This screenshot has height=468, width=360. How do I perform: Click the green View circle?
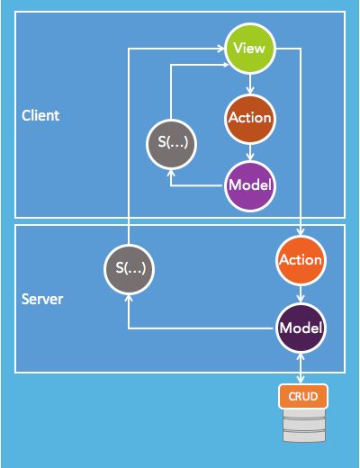[250, 49]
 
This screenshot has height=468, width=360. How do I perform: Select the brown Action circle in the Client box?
[250, 119]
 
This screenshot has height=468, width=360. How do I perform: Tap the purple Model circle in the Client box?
[250, 186]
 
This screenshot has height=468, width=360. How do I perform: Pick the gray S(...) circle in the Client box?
[172, 144]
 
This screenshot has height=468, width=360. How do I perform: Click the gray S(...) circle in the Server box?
[130, 269]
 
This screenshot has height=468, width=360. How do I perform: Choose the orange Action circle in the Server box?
[301, 260]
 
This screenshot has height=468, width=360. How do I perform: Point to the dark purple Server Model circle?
[301, 328]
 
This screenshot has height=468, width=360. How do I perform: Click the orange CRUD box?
[303, 396]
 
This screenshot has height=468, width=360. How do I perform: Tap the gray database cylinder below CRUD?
[304, 425]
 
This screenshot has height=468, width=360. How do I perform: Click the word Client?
[40, 115]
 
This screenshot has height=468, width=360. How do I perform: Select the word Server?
[42, 299]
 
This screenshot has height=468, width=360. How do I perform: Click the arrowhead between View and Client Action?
[250, 90]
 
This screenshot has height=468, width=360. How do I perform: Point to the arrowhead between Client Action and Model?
[250, 157]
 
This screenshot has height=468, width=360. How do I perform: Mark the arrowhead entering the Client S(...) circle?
[171, 173]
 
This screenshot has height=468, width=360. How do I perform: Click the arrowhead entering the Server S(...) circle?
[129, 298]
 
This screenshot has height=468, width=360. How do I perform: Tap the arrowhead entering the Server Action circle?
[301, 231]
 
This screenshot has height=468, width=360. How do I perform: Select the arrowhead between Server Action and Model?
[301, 299]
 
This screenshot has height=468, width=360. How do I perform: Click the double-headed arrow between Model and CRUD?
[301, 369]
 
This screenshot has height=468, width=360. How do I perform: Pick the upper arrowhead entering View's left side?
[221, 49]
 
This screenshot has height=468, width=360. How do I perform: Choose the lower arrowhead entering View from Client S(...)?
[225, 65]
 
